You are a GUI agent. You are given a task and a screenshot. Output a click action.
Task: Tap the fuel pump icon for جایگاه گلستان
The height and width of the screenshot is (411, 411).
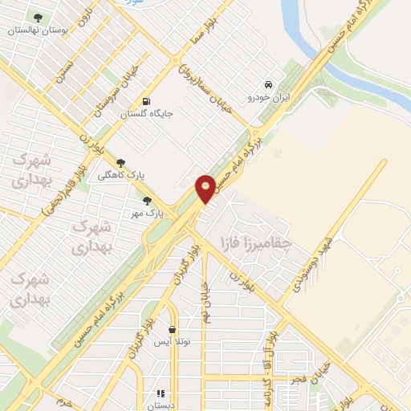tap(146, 101)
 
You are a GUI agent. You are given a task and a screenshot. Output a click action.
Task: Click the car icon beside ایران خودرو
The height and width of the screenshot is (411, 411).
tap(269, 85)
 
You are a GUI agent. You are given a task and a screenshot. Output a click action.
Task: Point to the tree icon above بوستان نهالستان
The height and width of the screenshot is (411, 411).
tap(38, 18)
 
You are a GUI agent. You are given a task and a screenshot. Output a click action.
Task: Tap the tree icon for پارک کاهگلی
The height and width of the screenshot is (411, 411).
tap(121, 163)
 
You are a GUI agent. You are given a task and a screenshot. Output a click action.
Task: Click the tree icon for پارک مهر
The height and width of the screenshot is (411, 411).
tap(147, 201)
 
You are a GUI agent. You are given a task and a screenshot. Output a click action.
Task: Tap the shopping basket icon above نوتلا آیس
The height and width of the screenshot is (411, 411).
tap(173, 329)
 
